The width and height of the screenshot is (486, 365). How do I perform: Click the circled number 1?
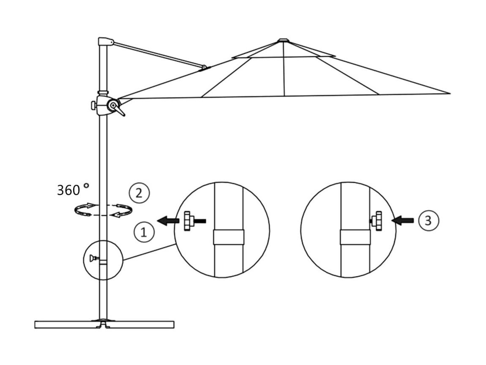click(x=144, y=232)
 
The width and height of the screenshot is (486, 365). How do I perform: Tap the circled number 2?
click(x=139, y=193)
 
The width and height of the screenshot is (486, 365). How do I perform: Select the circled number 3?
click(x=429, y=220)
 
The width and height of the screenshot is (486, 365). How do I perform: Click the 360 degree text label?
click(x=73, y=189)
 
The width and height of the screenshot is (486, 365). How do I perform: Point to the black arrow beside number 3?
click(x=403, y=220)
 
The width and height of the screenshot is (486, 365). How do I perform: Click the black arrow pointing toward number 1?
click(x=168, y=221)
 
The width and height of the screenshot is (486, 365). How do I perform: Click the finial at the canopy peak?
click(x=283, y=40)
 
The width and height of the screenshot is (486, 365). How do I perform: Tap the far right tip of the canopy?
click(x=450, y=93)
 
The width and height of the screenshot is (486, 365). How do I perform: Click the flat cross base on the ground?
click(x=104, y=324)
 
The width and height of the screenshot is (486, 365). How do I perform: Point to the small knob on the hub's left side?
click(x=93, y=105)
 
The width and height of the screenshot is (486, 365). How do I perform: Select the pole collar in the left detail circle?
click(x=229, y=237)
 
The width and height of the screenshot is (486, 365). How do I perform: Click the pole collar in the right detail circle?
click(x=355, y=237)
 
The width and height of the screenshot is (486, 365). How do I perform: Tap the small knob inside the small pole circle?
click(x=93, y=258)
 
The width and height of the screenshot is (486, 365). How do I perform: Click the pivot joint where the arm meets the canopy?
click(x=204, y=67)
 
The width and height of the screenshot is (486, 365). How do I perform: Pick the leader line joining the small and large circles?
click(x=149, y=252)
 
